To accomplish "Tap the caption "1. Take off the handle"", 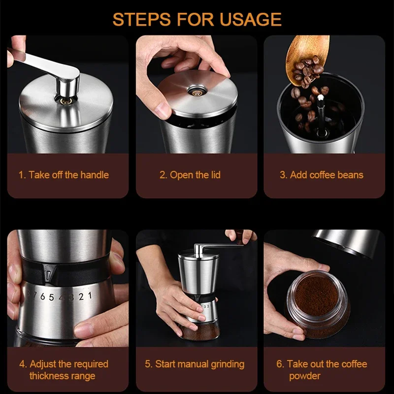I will pyautogui.click(x=64, y=175).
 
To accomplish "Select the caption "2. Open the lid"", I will pyautogui.click(x=190, y=175).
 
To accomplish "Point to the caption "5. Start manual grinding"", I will pyautogui.click(x=195, y=364).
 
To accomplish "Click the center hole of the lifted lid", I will pyautogui.click(x=196, y=92).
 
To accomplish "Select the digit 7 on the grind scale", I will pyautogui.click(x=35, y=295).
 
